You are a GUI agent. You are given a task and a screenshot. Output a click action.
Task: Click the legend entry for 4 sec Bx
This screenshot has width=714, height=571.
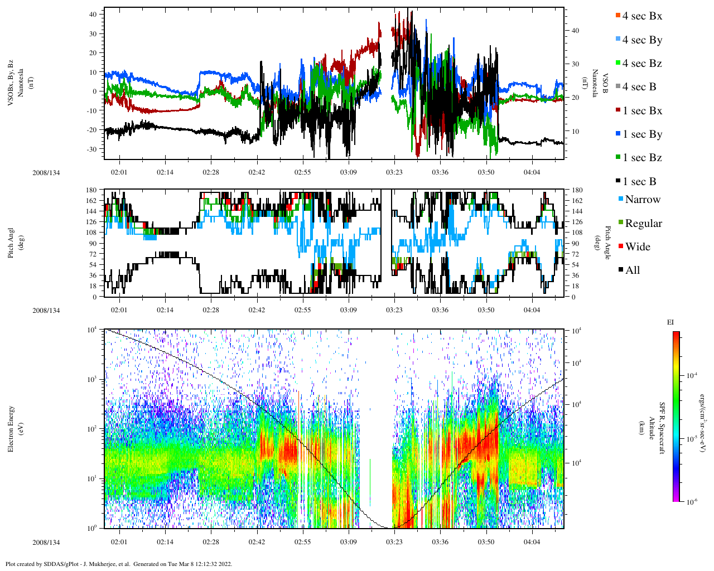641,16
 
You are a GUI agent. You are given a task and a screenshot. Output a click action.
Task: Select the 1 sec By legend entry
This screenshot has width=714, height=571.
641,134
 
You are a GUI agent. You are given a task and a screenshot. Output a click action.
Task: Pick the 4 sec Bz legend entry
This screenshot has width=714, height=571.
641,64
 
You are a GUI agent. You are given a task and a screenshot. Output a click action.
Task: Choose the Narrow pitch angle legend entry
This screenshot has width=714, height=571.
642,200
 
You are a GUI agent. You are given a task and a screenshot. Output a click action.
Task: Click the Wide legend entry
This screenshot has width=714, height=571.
637,247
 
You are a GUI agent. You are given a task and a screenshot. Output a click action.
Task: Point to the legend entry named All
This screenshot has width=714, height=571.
632,270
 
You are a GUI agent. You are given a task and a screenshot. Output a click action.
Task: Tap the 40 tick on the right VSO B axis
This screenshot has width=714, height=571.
575,31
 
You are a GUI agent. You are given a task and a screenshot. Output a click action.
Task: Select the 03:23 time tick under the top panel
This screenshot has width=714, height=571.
394,172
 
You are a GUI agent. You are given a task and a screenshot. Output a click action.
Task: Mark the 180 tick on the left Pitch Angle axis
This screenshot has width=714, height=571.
91,190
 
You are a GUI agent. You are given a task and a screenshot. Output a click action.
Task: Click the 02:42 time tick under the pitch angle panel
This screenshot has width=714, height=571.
257,310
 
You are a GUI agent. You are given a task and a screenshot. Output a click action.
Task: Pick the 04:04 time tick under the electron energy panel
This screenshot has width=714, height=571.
532,542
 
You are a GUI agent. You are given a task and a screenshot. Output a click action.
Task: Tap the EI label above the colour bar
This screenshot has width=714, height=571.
670,322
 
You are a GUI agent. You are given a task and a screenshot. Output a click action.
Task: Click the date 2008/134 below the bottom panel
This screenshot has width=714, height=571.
46,543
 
